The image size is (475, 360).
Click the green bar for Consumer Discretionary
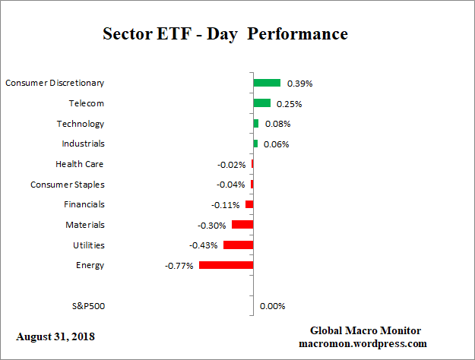pyautogui.click(x=267, y=83)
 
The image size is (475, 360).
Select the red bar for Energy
pyautogui.click(x=226, y=265)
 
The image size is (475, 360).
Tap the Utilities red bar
pyautogui.click(x=238, y=245)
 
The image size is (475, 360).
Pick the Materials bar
pyautogui.click(x=242, y=225)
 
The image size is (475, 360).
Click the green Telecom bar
pyautogui.click(x=261, y=103)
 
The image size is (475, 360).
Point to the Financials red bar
pyautogui.click(x=249, y=204)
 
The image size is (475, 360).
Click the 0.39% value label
pyautogui.click(x=299, y=83)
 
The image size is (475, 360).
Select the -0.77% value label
pyautogui.click(x=179, y=266)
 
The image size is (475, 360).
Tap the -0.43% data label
pyautogui.click(x=204, y=245)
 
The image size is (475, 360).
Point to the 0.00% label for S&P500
pyautogui.click(x=272, y=306)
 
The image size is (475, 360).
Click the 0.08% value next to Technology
pyautogui.click(x=277, y=124)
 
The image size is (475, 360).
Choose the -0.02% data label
pyautogui.click(x=232, y=164)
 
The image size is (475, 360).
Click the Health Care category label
pyautogui.click(x=80, y=164)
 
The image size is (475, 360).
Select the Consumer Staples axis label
pyautogui.click(x=68, y=185)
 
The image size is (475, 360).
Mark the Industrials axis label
pyautogui.click(x=83, y=144)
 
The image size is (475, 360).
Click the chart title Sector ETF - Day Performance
pyautogui.click(x=225, y=35)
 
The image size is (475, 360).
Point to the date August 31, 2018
pyautogui.click(x=55, y=336)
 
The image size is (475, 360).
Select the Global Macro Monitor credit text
pyautogui.click(x=366, y=330)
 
